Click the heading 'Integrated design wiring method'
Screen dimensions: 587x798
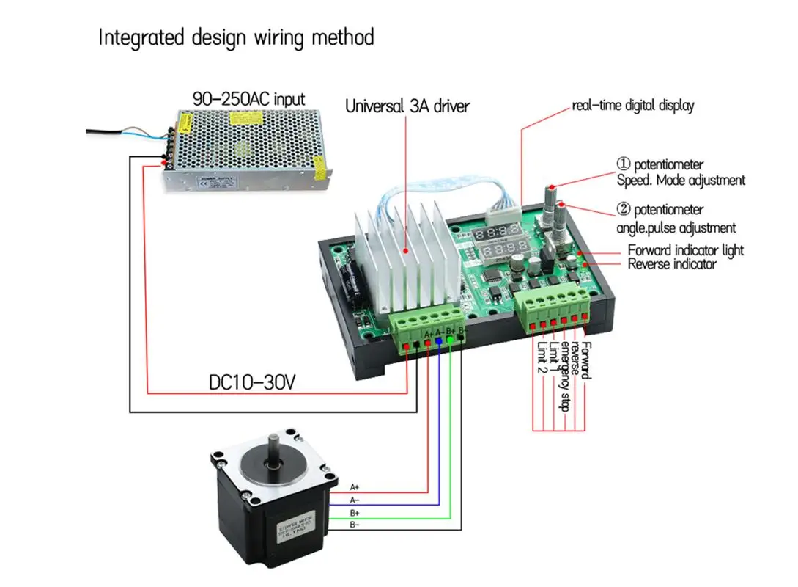click(237, 37)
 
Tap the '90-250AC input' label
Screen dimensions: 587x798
click(248, 98)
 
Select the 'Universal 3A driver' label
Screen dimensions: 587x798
click(407, 106)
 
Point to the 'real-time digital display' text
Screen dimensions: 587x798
click(632, 106)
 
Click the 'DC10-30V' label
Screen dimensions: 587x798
click(252, 382)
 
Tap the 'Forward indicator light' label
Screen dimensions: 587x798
click(685, 250)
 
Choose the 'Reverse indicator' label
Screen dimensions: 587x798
click(672, 264)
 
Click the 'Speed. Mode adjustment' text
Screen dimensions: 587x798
click(679, 180)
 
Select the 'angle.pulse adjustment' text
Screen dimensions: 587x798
click(676, 228)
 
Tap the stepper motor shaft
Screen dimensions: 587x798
click(274, 445)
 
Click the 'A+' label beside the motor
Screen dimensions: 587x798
click(355, 486)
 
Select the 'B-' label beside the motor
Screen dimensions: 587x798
click(355, 525)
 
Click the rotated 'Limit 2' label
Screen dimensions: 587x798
click(542, 357)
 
